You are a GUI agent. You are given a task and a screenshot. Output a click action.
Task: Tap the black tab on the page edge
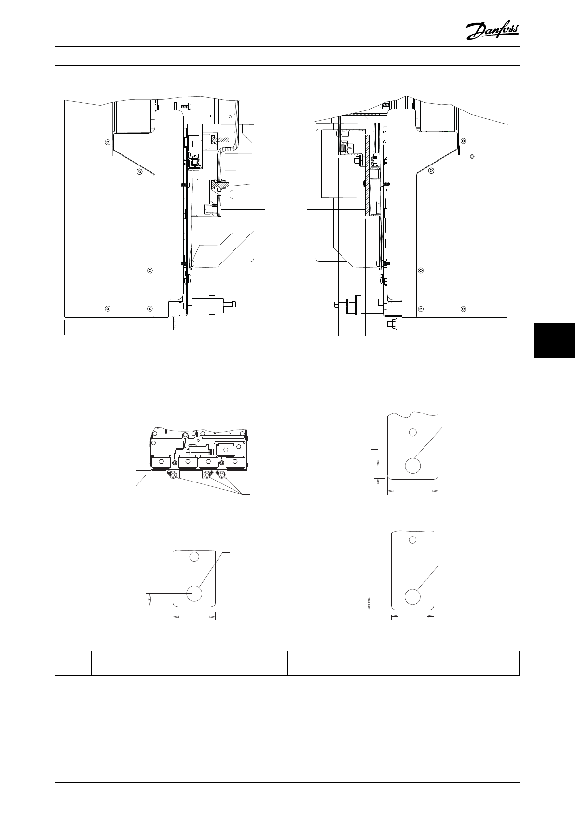click(x=554, y=341)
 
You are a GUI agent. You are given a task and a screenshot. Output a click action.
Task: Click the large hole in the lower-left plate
click(x=194, y=593)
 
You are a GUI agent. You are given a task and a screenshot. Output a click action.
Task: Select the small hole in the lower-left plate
click(x=194, y=556)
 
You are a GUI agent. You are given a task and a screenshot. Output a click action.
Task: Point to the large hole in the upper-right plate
click(x=412, y=466)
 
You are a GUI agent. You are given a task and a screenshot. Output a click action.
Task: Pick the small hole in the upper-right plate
click(x=412, y=432)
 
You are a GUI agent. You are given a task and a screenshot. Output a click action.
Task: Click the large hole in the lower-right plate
click(x=412, y=597)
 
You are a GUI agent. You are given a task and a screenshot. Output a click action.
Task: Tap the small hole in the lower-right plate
click(x=412, y=540)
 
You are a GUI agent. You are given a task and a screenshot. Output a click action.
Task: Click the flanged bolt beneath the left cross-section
click(x=178, y=322)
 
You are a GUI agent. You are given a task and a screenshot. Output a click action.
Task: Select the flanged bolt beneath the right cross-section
click(x=393, y=323)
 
